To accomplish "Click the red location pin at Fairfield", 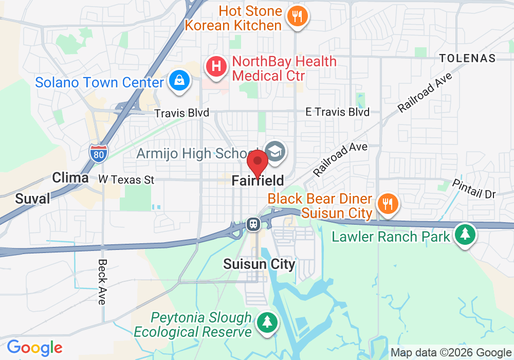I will click(258, 163).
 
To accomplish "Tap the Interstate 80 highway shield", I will click(98, 153).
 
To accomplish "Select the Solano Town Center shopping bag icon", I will click(179, 81).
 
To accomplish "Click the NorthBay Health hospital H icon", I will click(216, 67).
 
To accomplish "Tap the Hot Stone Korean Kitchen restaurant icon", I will click(296, 16).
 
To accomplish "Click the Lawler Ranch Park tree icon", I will click(465, 235).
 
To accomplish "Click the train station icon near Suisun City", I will click(253, 224).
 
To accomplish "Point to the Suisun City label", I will click(259, 264).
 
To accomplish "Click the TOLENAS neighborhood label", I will click(468, 58).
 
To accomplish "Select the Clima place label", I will click(70, 178).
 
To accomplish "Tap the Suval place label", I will click(33, 199).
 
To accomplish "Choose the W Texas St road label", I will click(126, 180).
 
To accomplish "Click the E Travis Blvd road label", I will click(337, 112).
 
